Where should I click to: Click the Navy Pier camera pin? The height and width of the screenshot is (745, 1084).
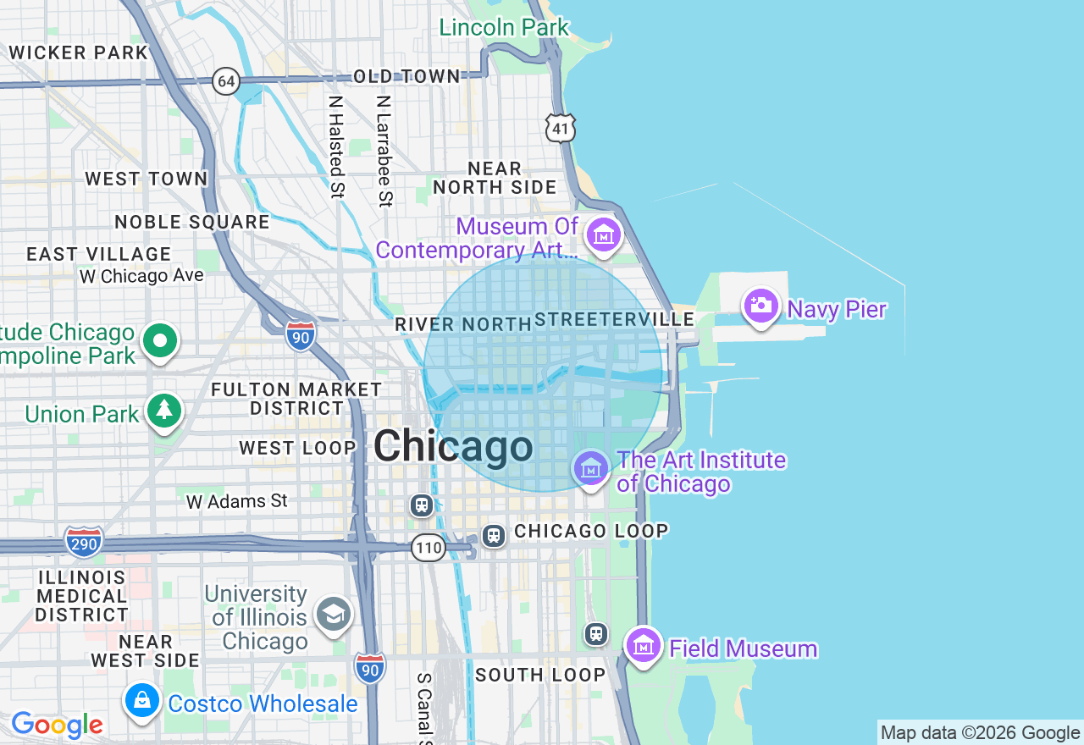(760, 306)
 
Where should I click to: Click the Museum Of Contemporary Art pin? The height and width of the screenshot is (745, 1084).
(604, 235)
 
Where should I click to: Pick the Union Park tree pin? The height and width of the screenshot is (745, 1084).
(164, 411)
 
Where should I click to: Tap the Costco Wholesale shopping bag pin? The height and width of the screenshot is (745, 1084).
(141, 702)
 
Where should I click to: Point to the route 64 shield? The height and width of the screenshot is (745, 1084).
(226, 81)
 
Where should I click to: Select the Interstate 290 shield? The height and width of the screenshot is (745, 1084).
(84, 542)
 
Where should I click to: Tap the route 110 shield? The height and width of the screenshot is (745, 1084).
(429, 548)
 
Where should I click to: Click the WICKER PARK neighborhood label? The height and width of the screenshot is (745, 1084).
(78, 52)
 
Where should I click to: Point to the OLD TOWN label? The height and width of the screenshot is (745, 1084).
(406, 77)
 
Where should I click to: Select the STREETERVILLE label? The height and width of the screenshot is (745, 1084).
(615, 319)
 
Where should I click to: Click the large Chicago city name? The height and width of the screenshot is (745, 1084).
(453, 445)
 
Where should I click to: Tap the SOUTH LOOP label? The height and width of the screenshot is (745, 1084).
(540, 675)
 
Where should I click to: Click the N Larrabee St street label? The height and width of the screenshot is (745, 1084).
(384, 151)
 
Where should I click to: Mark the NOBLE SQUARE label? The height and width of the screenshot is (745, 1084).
(192, 222)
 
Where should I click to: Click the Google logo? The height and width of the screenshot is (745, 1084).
(57, 725)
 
